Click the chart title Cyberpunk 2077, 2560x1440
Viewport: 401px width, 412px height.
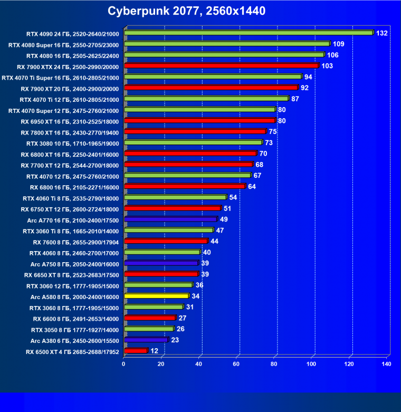click(x=186, y=11)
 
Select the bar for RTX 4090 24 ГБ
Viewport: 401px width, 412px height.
click(x=248, y=33)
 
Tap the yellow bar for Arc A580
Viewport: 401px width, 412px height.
click(x=156, y=296)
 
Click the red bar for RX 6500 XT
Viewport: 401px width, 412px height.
click(x=135, y=351)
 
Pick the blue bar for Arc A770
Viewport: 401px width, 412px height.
click(x=170, y=219)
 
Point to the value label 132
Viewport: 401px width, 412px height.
click(x=381, y=33)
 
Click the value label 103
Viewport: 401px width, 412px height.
click(x=327, y=66)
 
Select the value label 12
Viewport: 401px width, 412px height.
click(x=154, y=351)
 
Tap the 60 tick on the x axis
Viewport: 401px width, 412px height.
click(x=237, y=363)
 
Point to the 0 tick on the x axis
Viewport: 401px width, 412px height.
click(x=124, y=363)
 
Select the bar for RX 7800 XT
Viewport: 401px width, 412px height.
click(x=195, y=131)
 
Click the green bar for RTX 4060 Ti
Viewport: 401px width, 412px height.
click(x=175, y=197)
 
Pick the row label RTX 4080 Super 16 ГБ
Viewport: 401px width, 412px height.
click(x=64, y=44)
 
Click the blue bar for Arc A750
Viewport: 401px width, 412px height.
click(x=161, y=263)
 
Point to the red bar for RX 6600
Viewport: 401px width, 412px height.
click(x=149, y=318)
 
